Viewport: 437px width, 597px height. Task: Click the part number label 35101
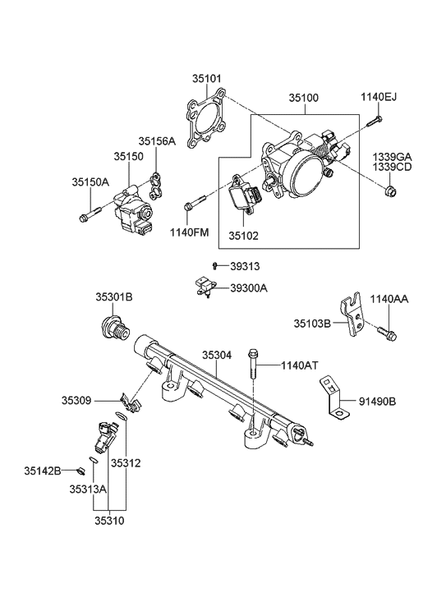[x=208, y=80]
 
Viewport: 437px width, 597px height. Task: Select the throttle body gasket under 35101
[x=205, y=127]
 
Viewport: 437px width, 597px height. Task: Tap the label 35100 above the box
[x=303, y=97]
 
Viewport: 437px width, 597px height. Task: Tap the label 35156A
[x=156, y=141]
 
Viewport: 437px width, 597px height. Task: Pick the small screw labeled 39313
[x=214, y=266]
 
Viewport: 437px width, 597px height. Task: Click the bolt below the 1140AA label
[x=386, y=333]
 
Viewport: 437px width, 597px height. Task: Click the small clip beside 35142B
[x=81, y=471]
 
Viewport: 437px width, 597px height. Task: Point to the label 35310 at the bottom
[x=108, y=520]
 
